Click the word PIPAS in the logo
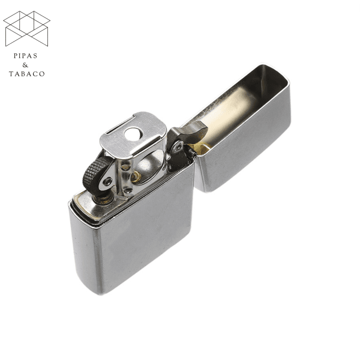(x=25, y=56)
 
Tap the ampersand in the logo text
(x=25, y=65)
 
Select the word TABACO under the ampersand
(x=26, y=74)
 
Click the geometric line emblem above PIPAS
(x=26, y=28)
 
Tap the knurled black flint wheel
(x=95, y=172)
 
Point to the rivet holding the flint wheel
(x=107, y=181)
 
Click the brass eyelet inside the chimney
(x=136, y=177)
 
